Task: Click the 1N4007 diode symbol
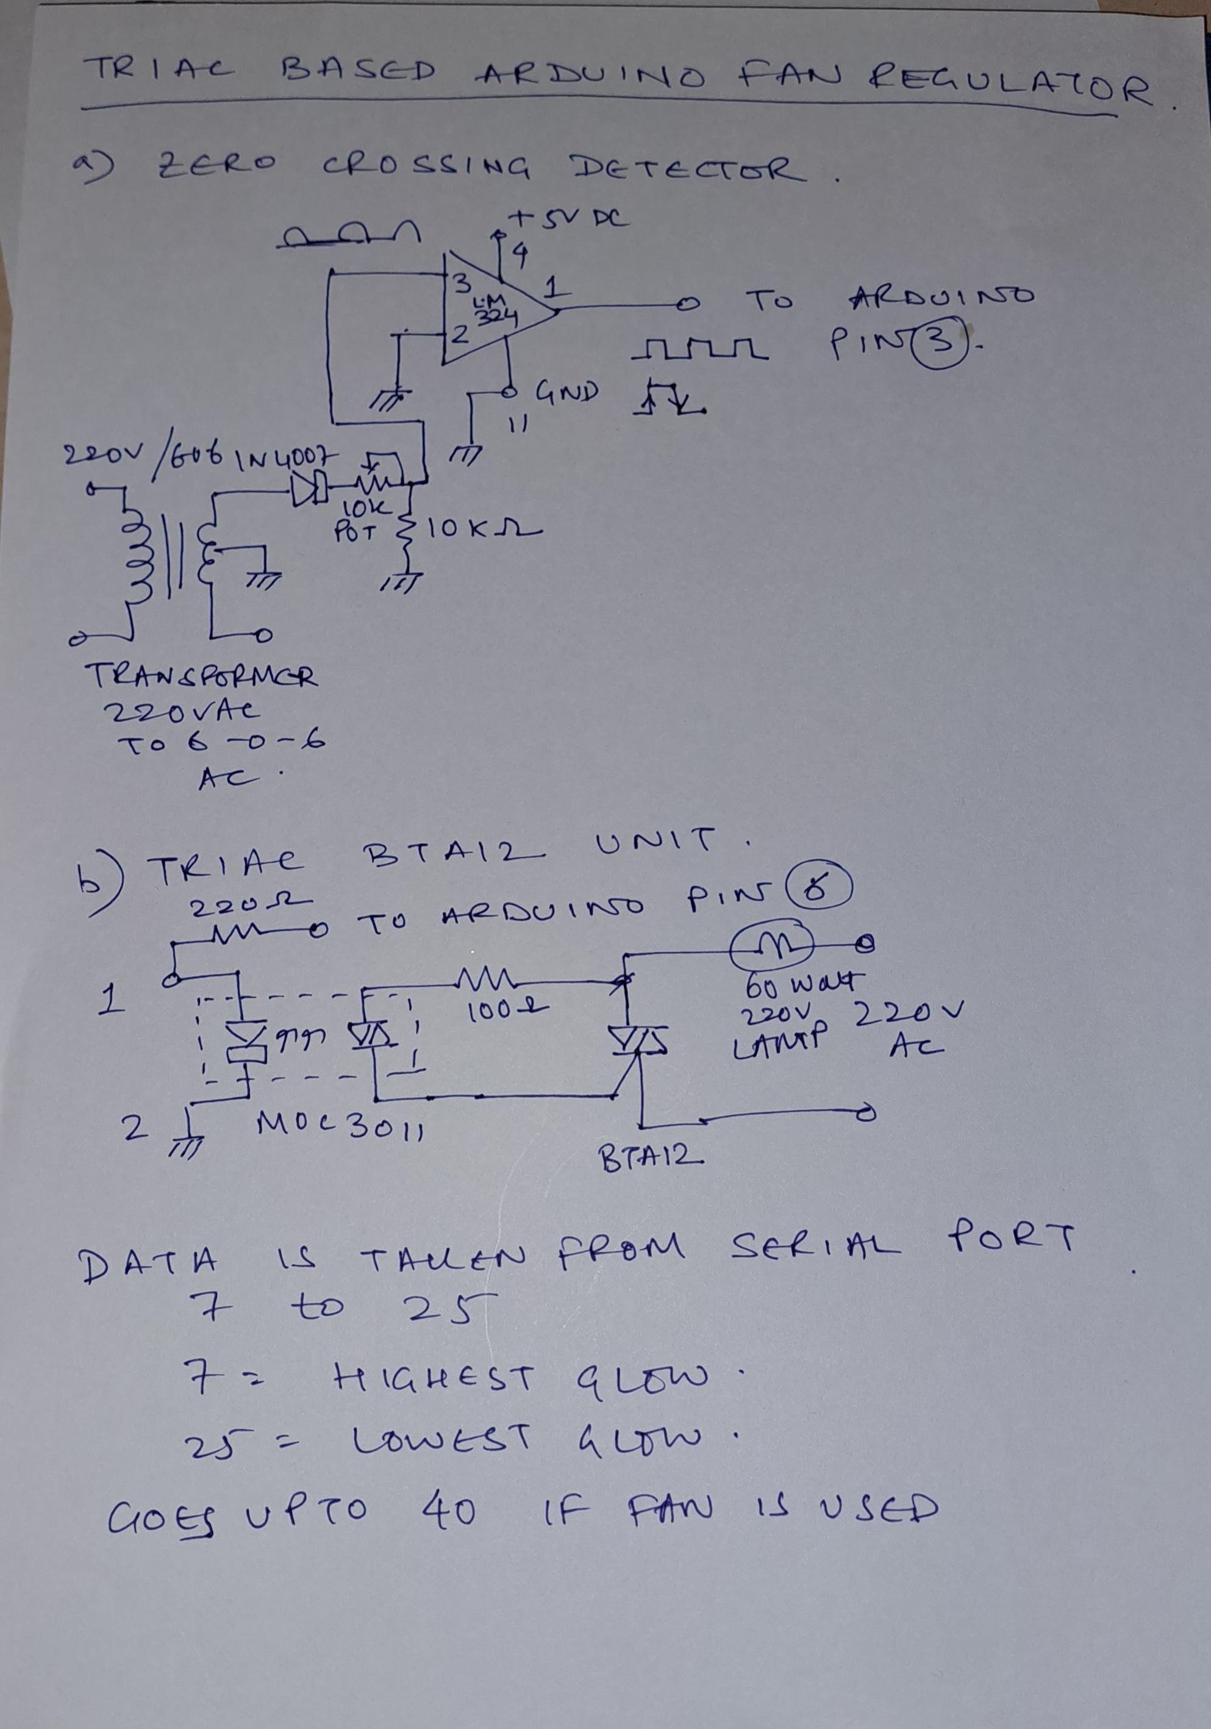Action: tap(307, 490)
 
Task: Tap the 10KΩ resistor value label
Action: tap(484, 529)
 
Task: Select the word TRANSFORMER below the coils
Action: tap(204, 676)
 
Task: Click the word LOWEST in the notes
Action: tap(442, 1440)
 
